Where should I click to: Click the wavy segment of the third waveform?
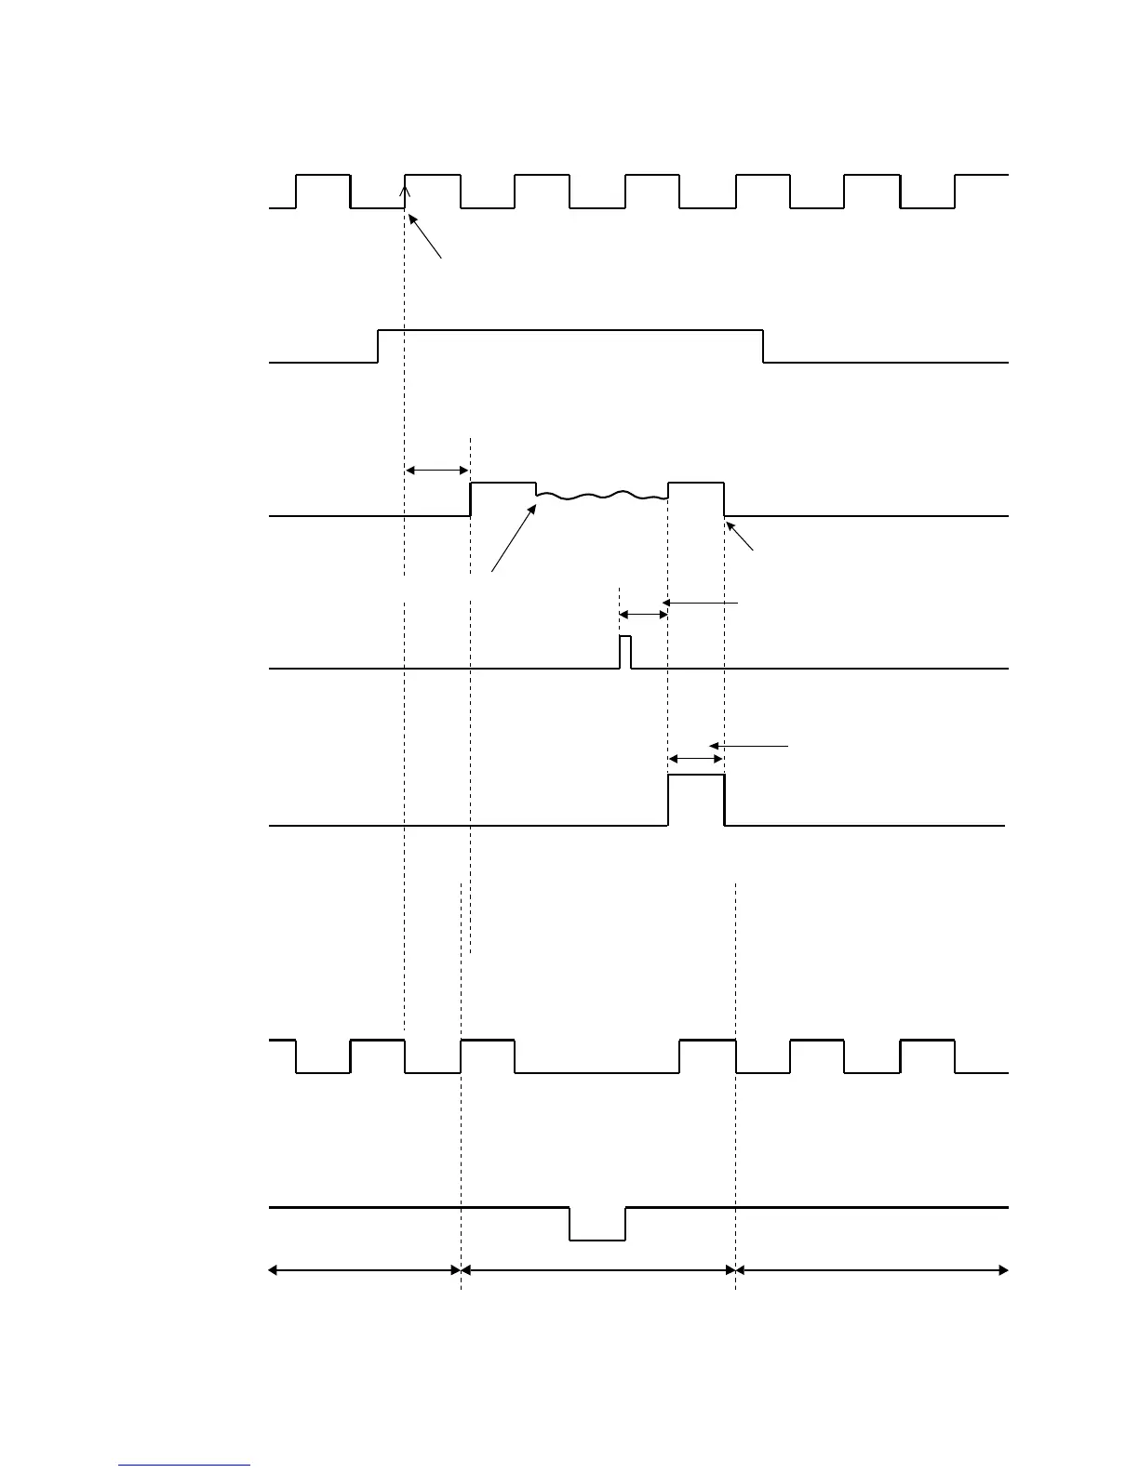click(x=602, y=497)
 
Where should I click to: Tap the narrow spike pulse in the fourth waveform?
click(x=625, y=651)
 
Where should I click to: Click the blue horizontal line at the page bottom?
click(x=184, y=1466)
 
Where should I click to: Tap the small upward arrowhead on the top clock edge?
click(x=405, y=191)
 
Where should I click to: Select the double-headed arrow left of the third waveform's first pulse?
click(x=437, y=471)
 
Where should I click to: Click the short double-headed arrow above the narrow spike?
click(x=643, y=615)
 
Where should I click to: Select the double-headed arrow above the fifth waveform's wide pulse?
click(x=696, y=760)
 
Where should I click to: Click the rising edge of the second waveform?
click(x=378, y=346)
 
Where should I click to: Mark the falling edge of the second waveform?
click(x=764, y=346)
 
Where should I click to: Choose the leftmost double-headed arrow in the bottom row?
click(x=365, y=1269)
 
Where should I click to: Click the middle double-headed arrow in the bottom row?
click(x=597, y=1269)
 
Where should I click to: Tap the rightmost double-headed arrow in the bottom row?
click(x=872, y=1269)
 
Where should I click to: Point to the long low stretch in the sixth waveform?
click(x=597, y=1072)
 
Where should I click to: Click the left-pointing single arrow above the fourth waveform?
click(x=700, y=604)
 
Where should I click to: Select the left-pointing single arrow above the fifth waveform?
click(x=748, y=746)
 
